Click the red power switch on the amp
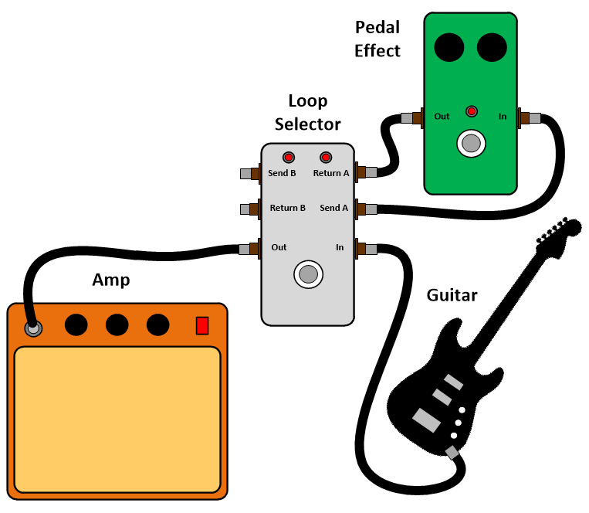coord(202,325)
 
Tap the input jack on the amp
coord(33,328)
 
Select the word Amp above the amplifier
coord(111,280)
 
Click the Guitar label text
coord(452,295)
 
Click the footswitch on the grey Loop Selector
coord(308,273)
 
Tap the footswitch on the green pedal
coord(471,143)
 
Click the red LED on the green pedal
coord(471,111)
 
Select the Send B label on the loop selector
coord(282,173)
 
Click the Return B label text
coord(287,208)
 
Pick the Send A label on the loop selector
coord(333,208)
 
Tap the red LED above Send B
coord(289,156)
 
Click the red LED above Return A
coord(326,156)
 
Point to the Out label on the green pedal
coord(442,117)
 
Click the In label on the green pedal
coord(503,117)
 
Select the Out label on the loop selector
coord(279,247)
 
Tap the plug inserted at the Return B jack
coord(249,209)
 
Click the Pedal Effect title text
coord(377,39)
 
